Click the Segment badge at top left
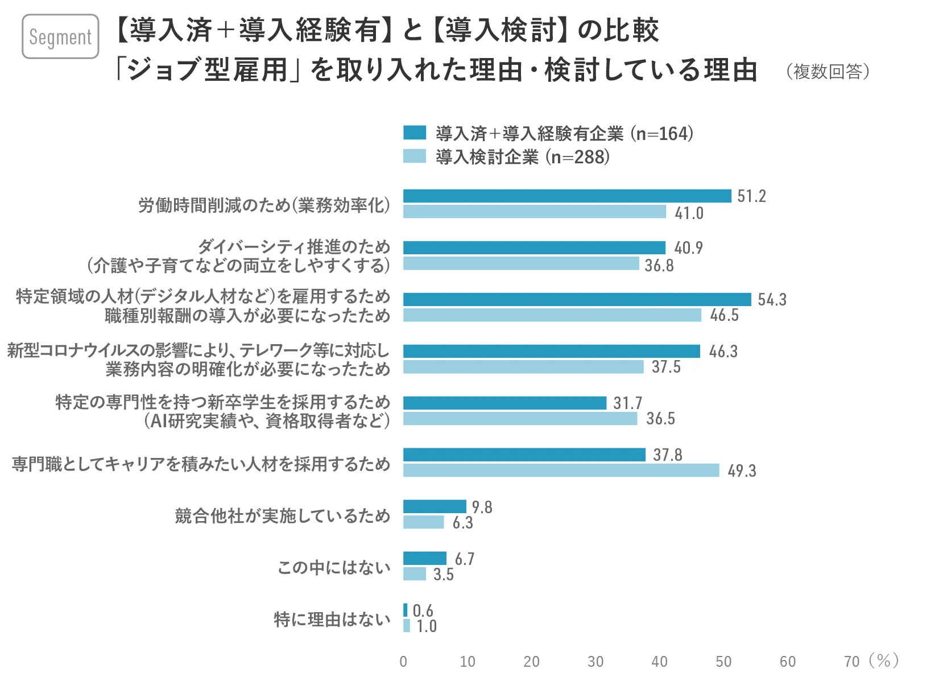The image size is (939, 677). coord(60,36)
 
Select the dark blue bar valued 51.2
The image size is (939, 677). coord(567,196)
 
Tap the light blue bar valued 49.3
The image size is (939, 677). coord(561,470)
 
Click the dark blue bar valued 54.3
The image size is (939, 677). coord(577,300)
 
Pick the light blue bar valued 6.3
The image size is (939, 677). coord(423,522)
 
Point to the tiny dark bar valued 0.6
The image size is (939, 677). coord(406,610)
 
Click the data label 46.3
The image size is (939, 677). coord(723,352)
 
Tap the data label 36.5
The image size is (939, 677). coord(660,419)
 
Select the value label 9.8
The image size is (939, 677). coord(482,507)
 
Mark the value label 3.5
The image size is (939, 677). coord(443,575)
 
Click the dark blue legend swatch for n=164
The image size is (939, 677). coord(415,133)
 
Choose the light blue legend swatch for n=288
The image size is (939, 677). coord(415,156)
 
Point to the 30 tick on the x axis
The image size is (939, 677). coord(595,662)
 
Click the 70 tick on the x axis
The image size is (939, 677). coord(851,662)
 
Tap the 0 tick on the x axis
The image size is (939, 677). coord(403,662)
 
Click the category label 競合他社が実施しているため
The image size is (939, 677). coord(283,516)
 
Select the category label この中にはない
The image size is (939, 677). coord(334,567)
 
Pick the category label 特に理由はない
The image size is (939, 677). coord(332,619)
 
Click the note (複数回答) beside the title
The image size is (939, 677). coord(828,72)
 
